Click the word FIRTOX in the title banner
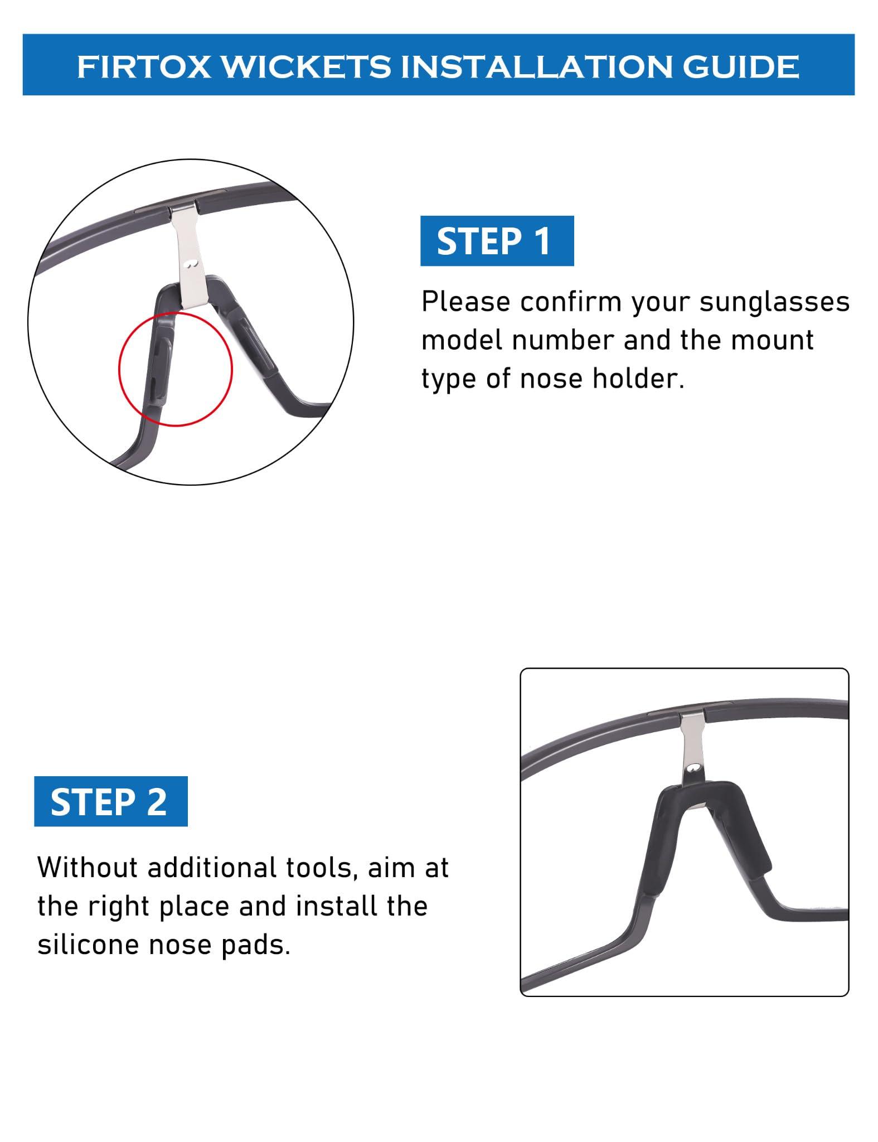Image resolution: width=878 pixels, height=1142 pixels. point(144,67)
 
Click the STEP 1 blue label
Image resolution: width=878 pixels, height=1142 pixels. point(497,241)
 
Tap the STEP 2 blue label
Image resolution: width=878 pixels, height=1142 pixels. point(111,801)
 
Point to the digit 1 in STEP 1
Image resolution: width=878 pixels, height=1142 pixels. point(541,241)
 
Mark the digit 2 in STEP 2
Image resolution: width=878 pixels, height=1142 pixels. point(157,801)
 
